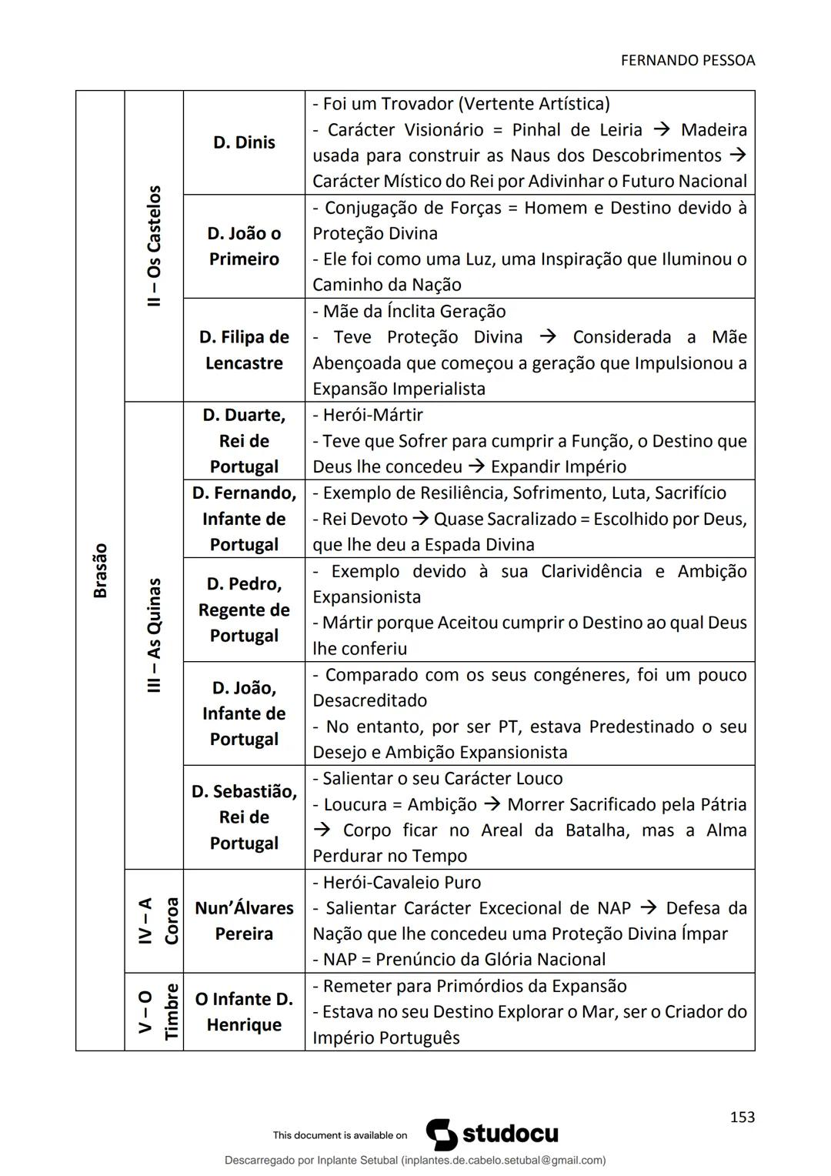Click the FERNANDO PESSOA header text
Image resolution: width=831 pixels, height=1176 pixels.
[687, 60]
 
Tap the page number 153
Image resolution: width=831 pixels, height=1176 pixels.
[742, 1117]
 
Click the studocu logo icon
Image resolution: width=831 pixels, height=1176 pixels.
[442, 1134]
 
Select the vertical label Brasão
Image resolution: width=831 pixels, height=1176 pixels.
[100, 570]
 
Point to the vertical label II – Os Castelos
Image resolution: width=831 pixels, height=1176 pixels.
[154, 246]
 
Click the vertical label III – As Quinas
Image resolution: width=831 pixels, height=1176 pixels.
[154, 636]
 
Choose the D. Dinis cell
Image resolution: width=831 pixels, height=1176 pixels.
[244, 142]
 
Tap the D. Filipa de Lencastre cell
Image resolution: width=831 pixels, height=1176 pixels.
[244, 350]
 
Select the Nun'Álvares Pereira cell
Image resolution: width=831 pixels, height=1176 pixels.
[244, 921]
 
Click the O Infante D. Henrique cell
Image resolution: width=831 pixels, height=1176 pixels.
[244, 1012]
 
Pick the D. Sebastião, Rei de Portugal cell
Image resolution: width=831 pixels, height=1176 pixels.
[244, 817]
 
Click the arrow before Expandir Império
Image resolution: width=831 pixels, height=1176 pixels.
[476, 467]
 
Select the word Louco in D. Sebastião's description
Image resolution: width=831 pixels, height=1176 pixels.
[538, 779]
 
